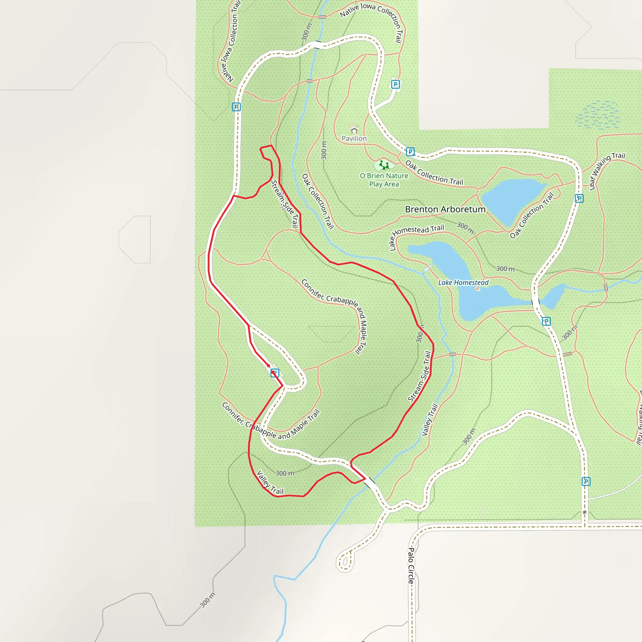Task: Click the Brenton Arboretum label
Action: (445, 209)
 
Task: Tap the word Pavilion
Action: (354, 139)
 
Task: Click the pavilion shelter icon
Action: (354, 129)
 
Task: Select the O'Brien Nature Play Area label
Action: (384, 180)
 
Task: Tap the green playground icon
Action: (384, 165)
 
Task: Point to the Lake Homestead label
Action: (463, 283)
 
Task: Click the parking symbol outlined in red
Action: (275, 373)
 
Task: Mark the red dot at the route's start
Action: (269, 366)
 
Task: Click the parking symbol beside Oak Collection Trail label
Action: (410, 152)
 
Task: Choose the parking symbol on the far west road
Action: (236, 107)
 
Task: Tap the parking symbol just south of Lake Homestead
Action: (546, 321)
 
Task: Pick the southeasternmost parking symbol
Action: (586, 481)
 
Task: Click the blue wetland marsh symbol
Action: (598, 115)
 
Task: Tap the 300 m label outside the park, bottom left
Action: (208, 600)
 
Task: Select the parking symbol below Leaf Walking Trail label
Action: (579, 198)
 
